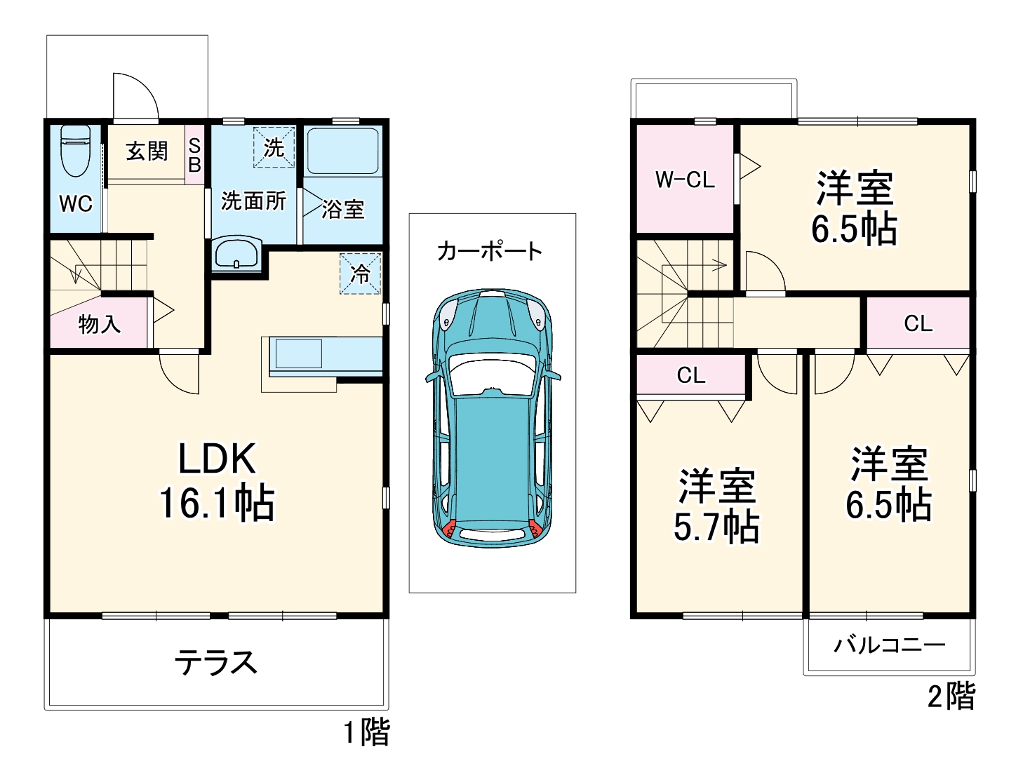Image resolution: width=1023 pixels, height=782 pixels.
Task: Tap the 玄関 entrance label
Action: (147, 151)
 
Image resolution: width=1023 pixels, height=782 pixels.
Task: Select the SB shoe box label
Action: (194, 155)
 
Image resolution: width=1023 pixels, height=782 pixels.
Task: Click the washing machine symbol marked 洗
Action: (273, 147)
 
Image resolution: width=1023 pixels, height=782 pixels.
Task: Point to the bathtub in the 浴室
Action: (342, 150)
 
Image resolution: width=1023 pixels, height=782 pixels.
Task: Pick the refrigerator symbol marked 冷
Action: (360, 274)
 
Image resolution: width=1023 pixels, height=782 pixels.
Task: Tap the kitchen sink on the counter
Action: (298, 353)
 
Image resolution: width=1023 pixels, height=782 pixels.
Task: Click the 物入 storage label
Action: (99, 324)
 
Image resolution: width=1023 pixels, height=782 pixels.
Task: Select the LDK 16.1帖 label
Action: (217, 481)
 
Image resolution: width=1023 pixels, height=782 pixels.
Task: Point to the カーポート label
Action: (489, 251)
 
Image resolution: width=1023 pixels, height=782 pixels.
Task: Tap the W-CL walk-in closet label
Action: (685, 180)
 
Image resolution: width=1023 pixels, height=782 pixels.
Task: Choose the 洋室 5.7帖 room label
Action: (716, 506)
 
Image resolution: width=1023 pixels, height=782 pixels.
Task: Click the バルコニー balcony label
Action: (889, 645)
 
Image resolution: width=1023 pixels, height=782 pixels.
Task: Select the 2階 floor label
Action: (951, 696)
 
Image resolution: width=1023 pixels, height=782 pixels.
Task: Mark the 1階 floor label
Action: (366, 733)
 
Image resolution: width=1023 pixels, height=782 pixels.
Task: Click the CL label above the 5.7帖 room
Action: (691, 376)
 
